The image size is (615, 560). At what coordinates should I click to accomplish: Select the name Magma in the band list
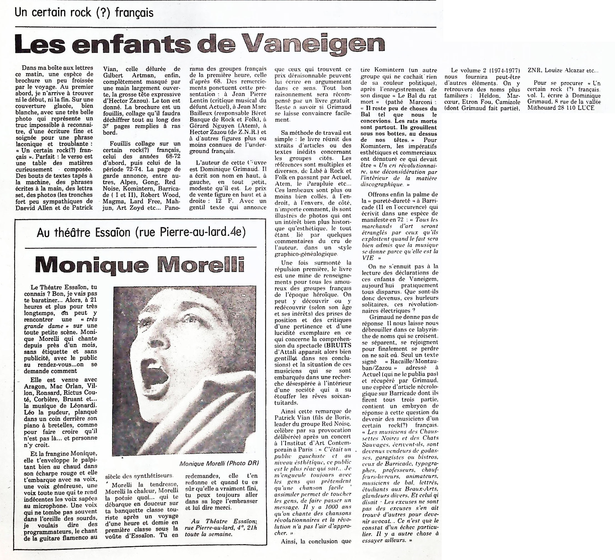tap(112, 201)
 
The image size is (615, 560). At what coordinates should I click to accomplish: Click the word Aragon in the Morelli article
tap(34, 386)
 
